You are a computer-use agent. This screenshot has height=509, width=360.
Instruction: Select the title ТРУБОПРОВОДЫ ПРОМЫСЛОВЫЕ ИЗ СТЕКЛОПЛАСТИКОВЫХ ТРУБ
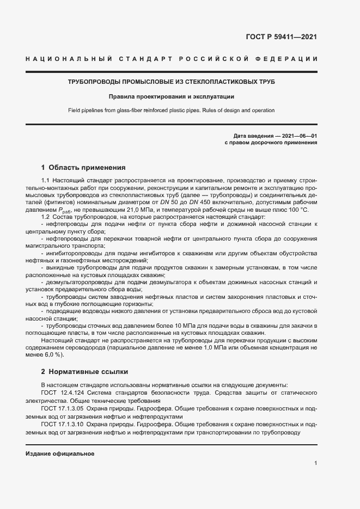[171, 82]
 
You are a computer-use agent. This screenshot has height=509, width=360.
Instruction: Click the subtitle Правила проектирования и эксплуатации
[171, 96]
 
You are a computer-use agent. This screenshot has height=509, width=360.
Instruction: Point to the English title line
[171, 111]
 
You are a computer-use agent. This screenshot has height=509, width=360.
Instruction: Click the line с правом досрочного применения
[271, 143]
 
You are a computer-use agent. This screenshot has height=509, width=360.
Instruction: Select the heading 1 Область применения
[83, 168]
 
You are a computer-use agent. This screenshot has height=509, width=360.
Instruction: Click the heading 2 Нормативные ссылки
[84, 372]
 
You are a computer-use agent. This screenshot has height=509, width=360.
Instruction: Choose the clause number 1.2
[46, 218]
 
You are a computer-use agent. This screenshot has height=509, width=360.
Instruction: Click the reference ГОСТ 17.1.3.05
[62, 408]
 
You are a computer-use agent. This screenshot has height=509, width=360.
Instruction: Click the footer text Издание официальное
[60, 453]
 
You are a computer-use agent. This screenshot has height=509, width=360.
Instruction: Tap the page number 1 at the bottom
[315, 463]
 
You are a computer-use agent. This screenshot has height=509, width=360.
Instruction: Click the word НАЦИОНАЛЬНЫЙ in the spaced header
[69, 58]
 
